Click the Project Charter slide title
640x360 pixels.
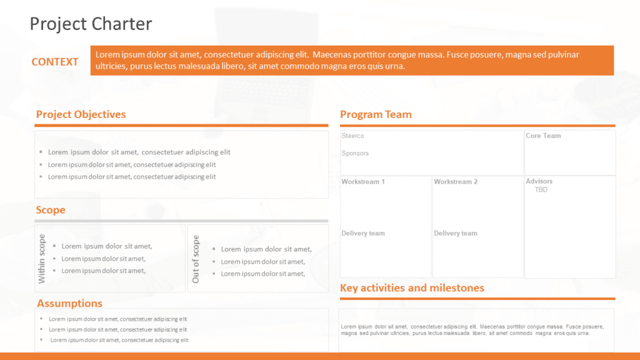coord(91,24)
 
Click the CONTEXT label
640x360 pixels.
coord(55,62)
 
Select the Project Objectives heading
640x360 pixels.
coord(81,114)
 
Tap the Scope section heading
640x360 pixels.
coord(51,210)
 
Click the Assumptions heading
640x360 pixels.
coord(69,303)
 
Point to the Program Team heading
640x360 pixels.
coord(376,114)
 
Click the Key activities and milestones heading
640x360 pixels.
coord(412,288)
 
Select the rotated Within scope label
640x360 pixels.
coord(42,258)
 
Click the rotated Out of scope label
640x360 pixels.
coord(196,259)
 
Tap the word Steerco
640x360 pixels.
coord(352,136)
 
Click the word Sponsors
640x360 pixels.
coord(355,153)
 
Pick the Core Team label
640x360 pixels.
coord(543,136)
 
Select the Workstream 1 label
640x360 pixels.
coord(363,182)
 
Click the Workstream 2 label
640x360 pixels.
coord(456,182)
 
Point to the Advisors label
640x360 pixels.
coord(539,181)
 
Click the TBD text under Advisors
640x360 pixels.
coord(541,189)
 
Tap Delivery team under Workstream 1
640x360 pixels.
coord(363,233)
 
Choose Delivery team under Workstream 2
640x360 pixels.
coord(456,233)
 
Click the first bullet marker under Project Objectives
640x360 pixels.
coord(41,152)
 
